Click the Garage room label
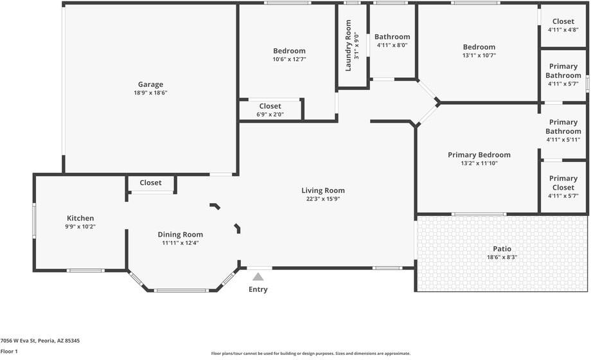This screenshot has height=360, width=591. [x=150, y=84]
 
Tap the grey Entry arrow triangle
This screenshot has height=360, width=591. [x=258, y=277]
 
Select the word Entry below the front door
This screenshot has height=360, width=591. [x=258, y=289]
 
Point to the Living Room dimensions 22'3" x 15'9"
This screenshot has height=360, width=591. [x=323, y=199]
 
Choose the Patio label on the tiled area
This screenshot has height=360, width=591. [x=502, y=249]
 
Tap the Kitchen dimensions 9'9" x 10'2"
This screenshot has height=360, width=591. [x=81, y=227]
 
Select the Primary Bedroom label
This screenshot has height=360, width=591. [x=479, y=155]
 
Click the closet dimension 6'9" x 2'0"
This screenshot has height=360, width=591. [x=270, y=114]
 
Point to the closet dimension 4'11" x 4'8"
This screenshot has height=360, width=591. [x=563, y=30]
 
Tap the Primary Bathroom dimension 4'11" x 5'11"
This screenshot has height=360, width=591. [x=563, y=139]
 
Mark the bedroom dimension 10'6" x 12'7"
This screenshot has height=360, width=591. [x=289, y=59]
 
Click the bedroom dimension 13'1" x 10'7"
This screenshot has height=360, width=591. [x=479, y=55]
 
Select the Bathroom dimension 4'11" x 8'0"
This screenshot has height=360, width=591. [x=392, y=45]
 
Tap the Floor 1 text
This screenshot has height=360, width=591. [x=9, y=352]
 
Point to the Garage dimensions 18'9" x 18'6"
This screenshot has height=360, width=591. [x=150, y=93]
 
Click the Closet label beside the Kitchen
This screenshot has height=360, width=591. [x=150, y=183]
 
